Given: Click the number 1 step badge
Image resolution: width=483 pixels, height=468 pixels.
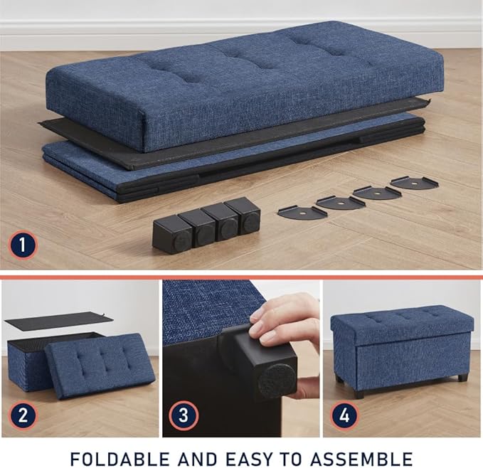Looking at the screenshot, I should pyautogui.click(x=23, y=246).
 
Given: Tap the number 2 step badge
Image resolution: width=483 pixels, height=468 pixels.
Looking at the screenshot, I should pyautogui.click(x=23, y=415).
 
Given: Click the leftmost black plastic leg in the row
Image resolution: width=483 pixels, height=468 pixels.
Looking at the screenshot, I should pyautogui.click(x=171, y=234).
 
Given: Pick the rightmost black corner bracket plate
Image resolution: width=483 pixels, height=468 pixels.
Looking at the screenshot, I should pyautogui.click(x=414, y=182).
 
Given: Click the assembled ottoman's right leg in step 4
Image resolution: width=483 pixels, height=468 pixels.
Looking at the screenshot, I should pyautogui.click(x=462, y=378).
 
